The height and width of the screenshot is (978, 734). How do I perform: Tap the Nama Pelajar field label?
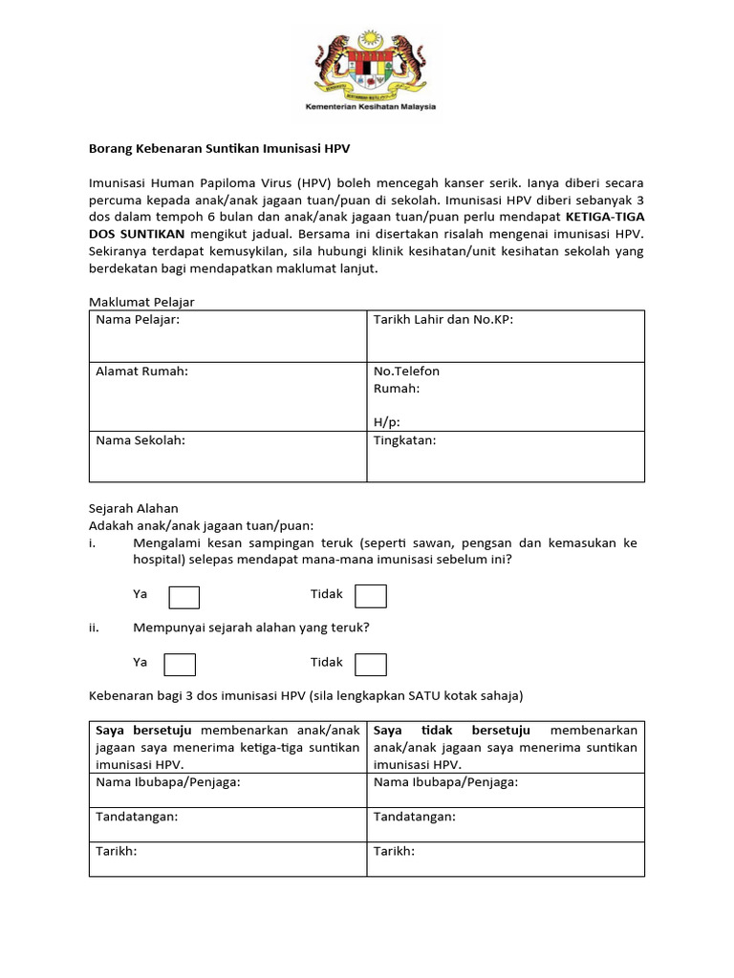(138, 320)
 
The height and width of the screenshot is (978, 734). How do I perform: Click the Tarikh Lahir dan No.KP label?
(443, 320)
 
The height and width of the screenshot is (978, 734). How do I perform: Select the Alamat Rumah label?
(142, 372)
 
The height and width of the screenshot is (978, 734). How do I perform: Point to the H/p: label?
(387, 422)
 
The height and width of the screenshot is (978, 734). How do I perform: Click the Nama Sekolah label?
(140, 440)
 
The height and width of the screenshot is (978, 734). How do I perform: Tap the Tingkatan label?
(405, 440)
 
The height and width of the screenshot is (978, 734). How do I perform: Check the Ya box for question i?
(184, 597)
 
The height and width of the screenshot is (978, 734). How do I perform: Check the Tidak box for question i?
(371, 597)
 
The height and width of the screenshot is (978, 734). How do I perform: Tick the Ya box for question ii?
(181, 664)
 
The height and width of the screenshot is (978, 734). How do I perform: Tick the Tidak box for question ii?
(371, 664)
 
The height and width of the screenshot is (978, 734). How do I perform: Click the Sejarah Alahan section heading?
(134, 509)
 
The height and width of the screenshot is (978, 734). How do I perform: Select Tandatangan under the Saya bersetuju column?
(137, 817)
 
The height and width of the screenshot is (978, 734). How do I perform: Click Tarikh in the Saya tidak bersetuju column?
(394, 851)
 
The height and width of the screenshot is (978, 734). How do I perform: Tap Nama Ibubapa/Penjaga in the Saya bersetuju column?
(167, 782)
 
